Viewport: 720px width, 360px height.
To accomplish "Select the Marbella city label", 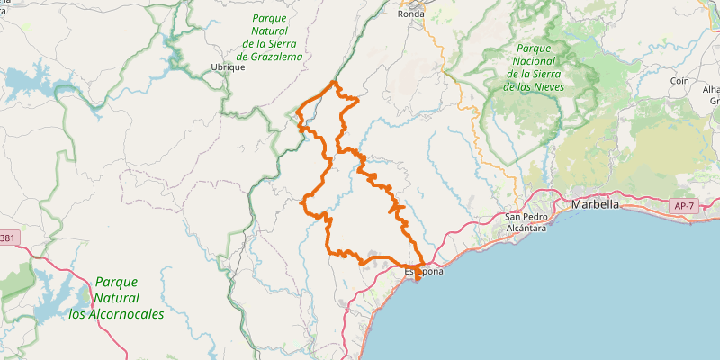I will (x=595, y=204).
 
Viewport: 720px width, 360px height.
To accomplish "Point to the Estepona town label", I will (x=423, y=271).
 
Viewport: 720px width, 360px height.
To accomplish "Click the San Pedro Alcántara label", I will (x=526, y=222).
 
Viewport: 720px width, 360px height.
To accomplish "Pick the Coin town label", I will (x=679, y=81).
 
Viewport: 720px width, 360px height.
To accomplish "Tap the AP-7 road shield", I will (x=684, y=207).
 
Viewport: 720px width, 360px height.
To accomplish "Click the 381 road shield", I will (x=6, y=238).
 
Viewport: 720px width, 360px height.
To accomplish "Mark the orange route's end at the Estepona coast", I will (x=418, y=281).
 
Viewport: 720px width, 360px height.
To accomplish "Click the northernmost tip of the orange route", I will (x=335, y=82).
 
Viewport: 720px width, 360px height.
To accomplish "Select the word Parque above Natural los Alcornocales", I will (x=116, y=282).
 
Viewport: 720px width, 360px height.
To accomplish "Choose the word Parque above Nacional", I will (x=535, y=49).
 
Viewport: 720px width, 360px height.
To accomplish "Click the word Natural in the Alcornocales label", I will (x=117, y=298).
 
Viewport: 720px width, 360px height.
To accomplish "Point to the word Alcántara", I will (x=526, y=229).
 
